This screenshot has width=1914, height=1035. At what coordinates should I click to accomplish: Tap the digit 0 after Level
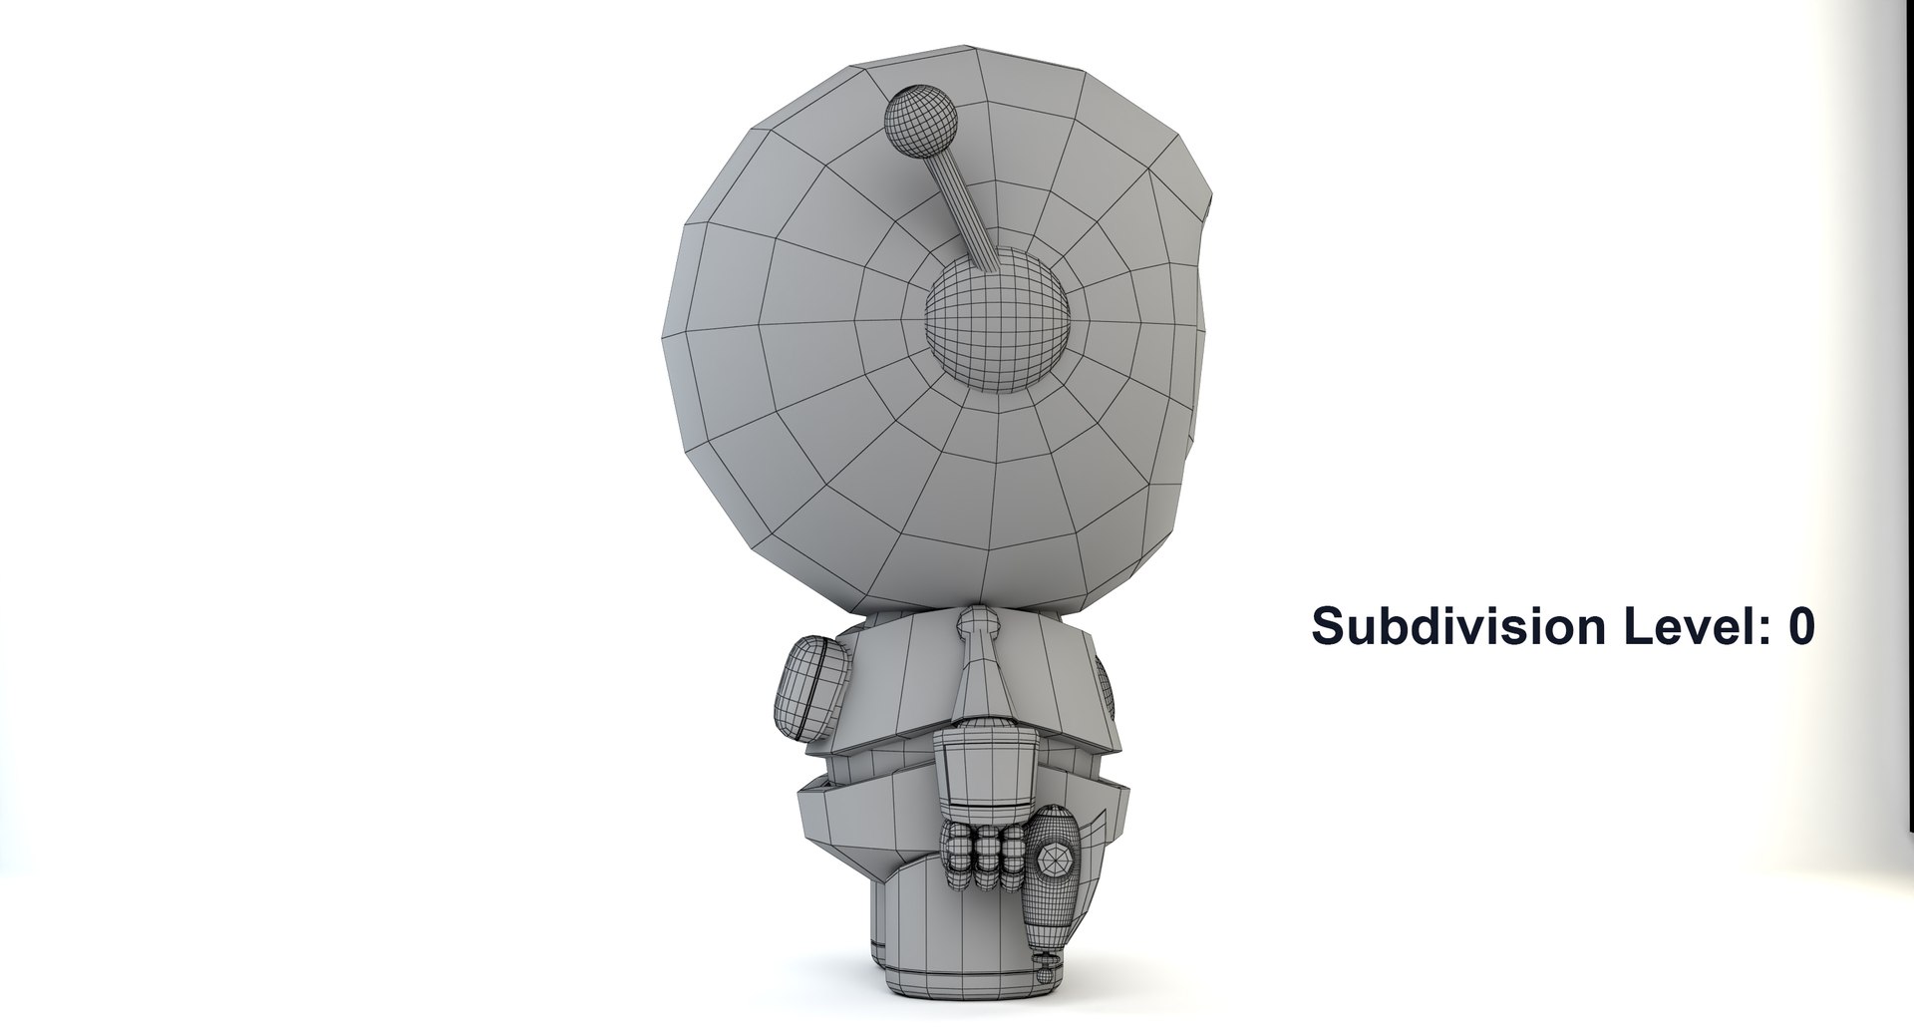1800,626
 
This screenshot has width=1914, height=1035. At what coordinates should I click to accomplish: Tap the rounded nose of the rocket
1055,825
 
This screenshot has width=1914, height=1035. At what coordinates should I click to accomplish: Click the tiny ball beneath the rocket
1044,965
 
